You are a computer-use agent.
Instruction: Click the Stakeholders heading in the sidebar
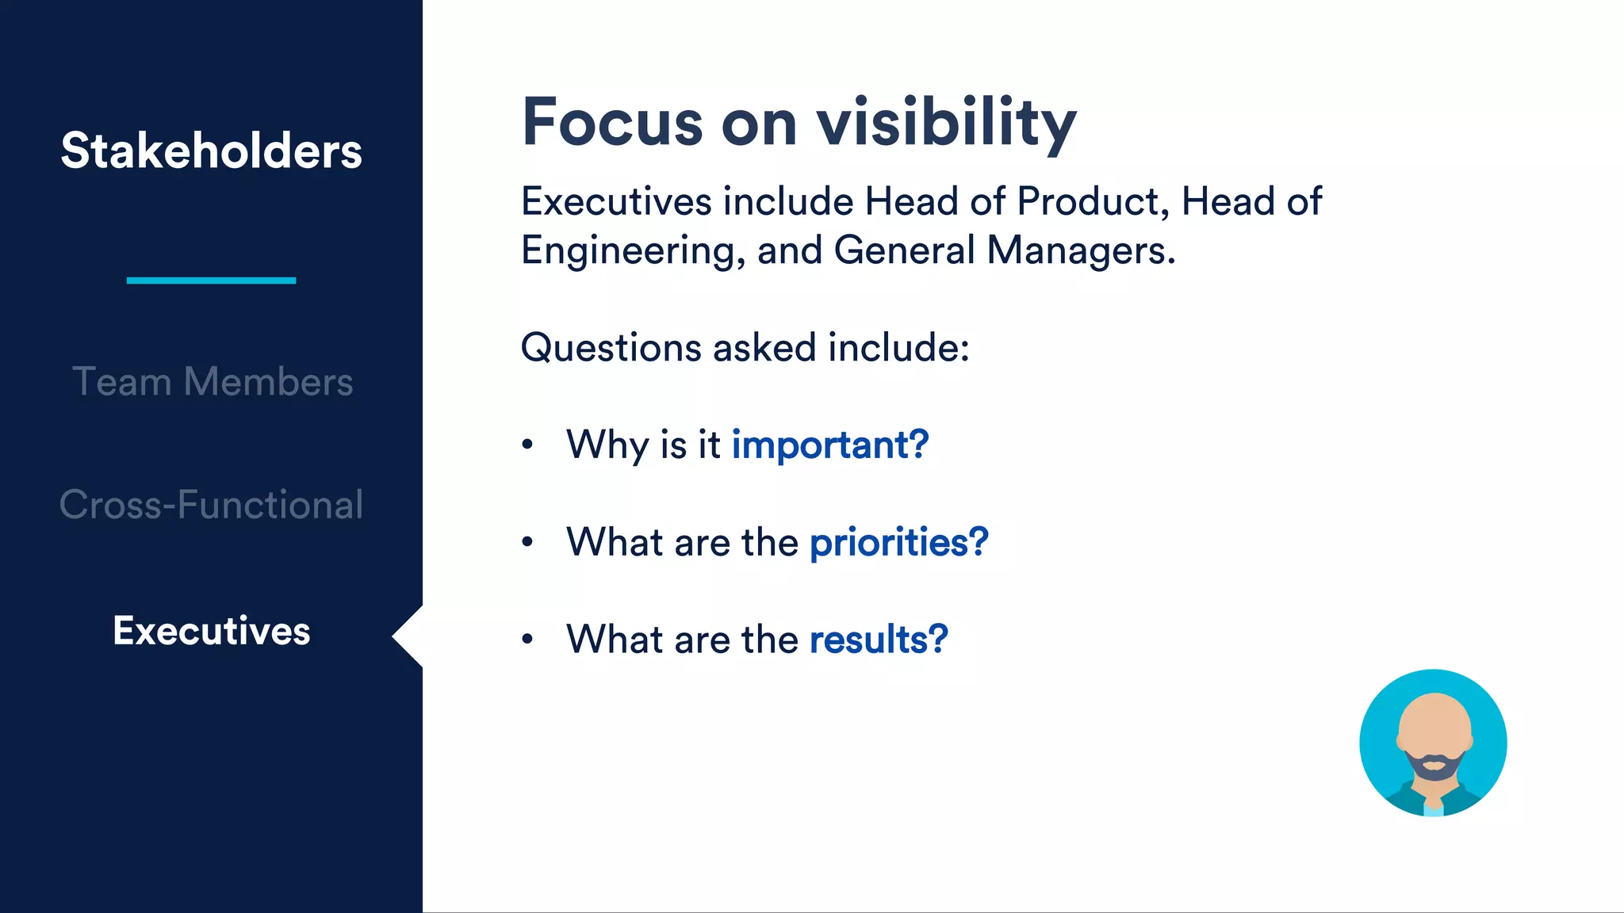tap(211, 151)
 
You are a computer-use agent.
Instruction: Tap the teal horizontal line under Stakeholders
tap(211, 280)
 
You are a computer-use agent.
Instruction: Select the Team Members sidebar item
tap(212, 381)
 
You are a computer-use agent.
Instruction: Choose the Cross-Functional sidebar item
tap(211, 505)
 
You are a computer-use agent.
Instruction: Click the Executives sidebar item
tap(211, 631)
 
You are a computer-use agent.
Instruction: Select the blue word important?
tap(829, 445)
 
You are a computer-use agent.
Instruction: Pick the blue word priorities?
tap(898, 543)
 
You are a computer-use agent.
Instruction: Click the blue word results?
tap(879, 640)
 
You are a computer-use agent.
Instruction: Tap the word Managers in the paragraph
tap(1080, 250)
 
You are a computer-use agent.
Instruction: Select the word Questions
tap(611, 348)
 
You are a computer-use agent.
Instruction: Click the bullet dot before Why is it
tap(527, 445)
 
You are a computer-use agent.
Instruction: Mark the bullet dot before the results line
tap(527, 639)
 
